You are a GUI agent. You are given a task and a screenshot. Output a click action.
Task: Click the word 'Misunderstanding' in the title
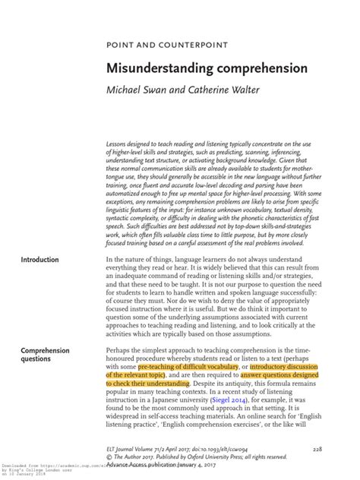point(153,68)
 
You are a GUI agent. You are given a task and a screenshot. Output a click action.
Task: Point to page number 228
point(317,450)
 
